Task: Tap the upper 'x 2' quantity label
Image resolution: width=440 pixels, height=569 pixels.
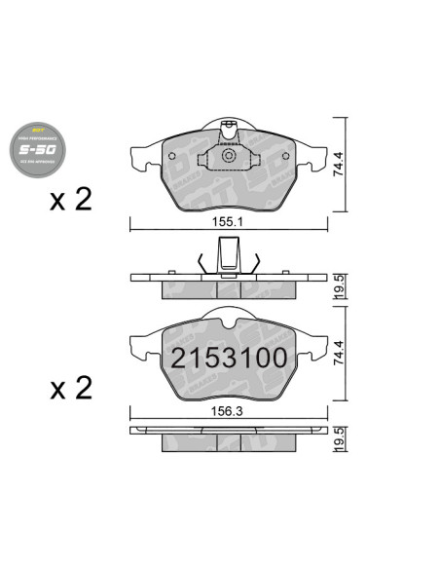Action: tap(70, 201)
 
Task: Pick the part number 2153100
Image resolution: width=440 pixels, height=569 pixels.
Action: tap(230, 358)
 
